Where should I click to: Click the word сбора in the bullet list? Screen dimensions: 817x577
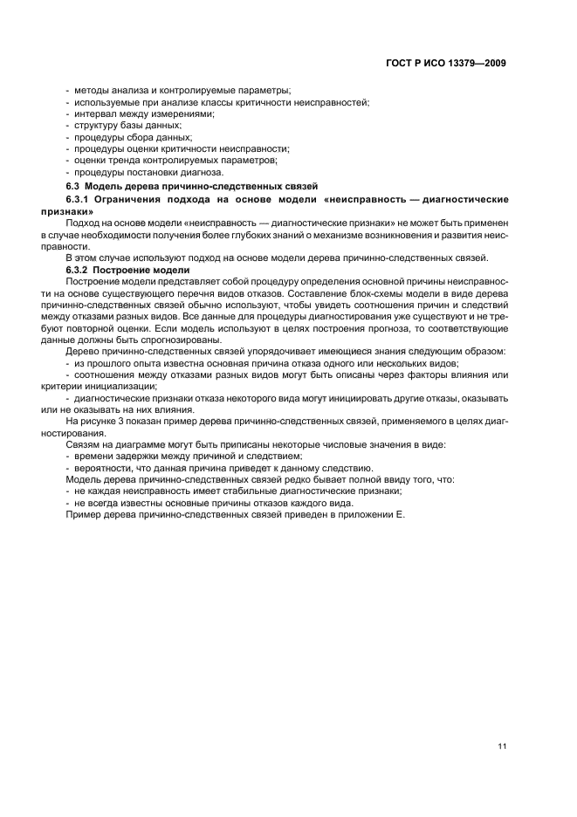click(x=143, y=137)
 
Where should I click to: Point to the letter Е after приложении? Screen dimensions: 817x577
click(x=402, y=513)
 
